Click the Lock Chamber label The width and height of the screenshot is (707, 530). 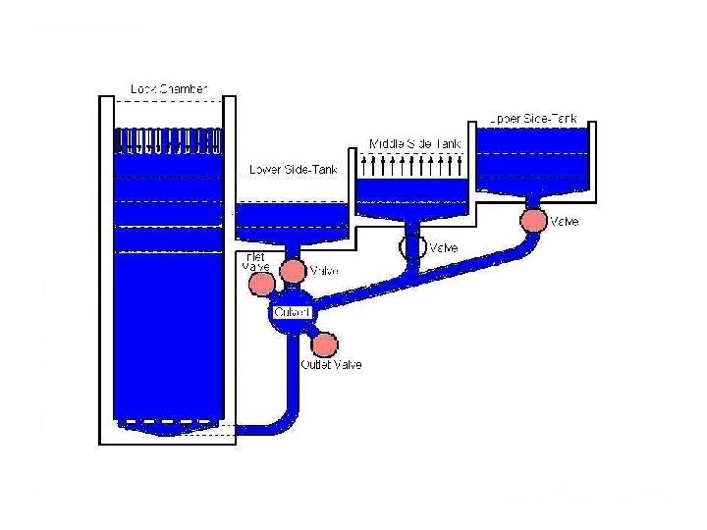click(x=169, y=89)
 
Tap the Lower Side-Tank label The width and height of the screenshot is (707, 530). click(x=293, y=170)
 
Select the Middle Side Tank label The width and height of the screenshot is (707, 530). click(x=413, y=143)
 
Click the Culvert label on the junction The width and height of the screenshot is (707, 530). click(x=293, y=312)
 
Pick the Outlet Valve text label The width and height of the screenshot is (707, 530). click(x=331, y=365)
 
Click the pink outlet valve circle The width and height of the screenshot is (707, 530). click(x=325, y=344)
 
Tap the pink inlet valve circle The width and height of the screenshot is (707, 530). click(x=262, y=284)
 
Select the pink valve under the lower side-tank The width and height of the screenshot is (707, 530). click(x=292, y=270)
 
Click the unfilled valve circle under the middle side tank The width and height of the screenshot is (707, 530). click(x=411, y=247)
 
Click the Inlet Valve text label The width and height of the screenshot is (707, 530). click(x=254, y=261)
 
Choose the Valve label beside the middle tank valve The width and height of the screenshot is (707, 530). click(x=445, y=247)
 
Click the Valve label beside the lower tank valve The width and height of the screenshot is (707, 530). click(x=324, y=270)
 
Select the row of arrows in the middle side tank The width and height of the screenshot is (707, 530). click(x=413, y=164)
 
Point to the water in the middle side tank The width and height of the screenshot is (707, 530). click(x=412, y=196)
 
